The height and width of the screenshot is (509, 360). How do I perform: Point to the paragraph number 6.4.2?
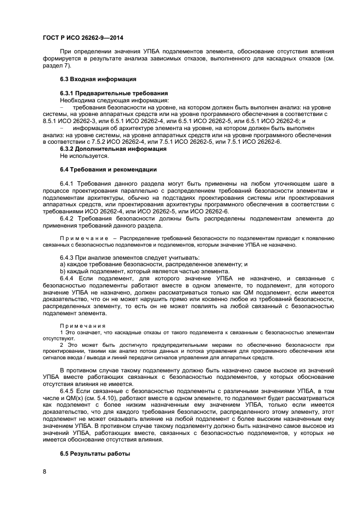[66, 218]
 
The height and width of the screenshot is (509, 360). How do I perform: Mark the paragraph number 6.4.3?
[66, 257]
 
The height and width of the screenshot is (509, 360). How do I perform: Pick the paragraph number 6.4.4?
[66, 278]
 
